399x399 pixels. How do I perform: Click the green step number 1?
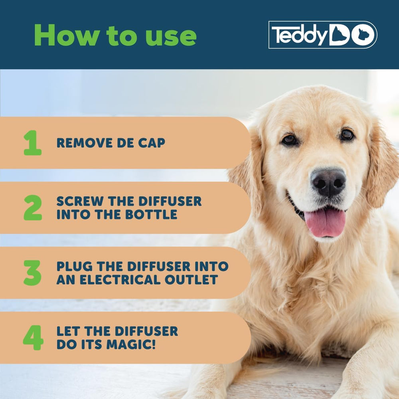(33, 143)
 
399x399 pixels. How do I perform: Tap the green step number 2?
(33, 207)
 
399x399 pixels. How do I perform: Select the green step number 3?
(32, 273)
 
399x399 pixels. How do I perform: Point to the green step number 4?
(33, 338)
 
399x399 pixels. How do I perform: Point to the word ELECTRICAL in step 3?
(120, 279)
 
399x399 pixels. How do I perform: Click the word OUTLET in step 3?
(192, 279)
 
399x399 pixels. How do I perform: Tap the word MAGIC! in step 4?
(131, 344)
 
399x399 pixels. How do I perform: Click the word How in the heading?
(67, 35)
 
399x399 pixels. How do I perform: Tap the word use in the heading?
(171, 37)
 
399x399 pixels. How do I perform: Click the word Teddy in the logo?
(299, 35)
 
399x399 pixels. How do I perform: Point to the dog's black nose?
(328, 182)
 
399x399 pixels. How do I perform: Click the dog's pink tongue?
(325, 221)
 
